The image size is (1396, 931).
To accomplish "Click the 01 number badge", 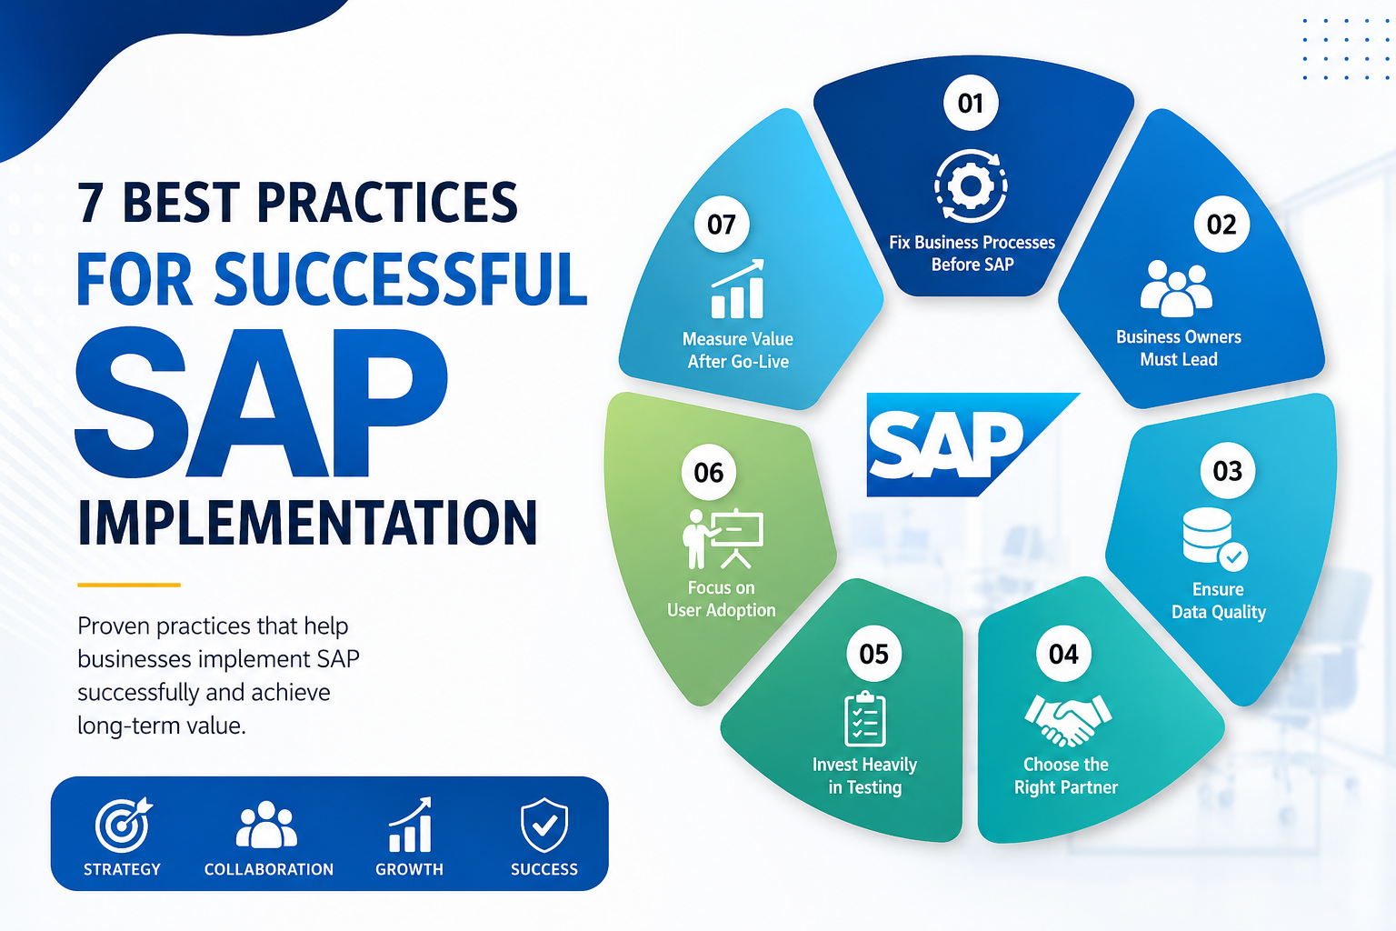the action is tap(971, 103).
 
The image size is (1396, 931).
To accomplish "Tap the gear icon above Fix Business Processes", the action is tap(971, 185).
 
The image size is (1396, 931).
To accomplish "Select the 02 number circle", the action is tap(1221, 224).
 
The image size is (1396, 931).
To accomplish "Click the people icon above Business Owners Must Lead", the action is tap(1176, 288).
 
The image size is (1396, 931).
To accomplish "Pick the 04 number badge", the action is tap(1063, 654).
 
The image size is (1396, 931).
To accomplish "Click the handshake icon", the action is tap(1068, 720).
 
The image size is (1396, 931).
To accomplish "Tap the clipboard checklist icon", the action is tap(865, 718).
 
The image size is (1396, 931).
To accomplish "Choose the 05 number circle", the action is tap(873, 654).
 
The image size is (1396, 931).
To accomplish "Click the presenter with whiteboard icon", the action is tap(723, 539).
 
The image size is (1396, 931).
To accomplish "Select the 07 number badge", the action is tap(722, 224).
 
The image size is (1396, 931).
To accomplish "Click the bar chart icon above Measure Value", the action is tap(738, 289).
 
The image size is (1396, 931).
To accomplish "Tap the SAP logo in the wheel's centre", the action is tap(972, 445).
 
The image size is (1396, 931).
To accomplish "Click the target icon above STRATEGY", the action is tap(124, 825).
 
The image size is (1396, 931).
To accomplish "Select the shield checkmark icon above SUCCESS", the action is tap(544, 825).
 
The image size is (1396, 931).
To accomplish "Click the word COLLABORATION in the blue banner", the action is tap(269, 869).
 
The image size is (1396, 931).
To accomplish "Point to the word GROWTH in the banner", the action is tap(409, 869).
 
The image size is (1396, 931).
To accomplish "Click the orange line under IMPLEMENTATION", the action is tap(129, 585).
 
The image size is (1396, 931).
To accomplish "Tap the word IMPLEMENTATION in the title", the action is tap(307, 523).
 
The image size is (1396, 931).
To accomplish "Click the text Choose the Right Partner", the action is tap(1066, 776).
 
